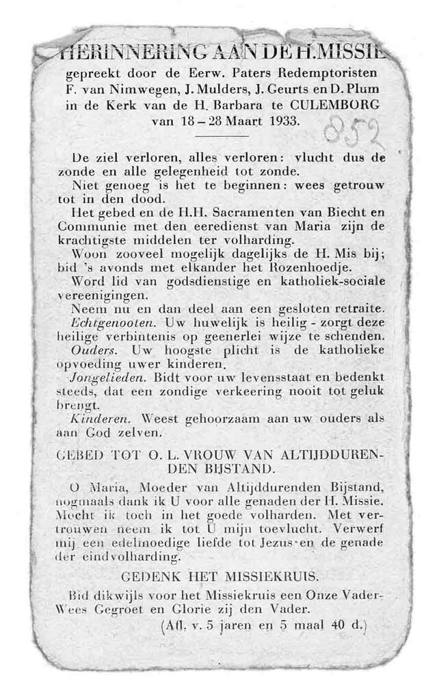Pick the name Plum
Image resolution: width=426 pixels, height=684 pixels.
point(362,90)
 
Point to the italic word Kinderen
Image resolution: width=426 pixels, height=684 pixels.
point(96,418)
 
